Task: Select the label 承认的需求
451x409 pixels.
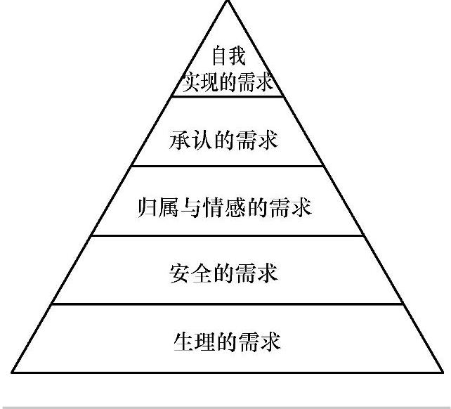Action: coord(224,139)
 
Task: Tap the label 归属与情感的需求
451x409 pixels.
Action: coord(224,208)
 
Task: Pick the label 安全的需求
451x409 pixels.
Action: coord(224,273)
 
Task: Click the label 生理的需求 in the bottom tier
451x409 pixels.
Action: coord(226,342)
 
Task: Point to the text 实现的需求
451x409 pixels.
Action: coord(226,84)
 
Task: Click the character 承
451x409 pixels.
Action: coord(180,139)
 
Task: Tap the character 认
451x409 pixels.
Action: coord(202,139)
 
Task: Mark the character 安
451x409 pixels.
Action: coord(180,273)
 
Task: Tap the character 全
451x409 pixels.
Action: coord(202,273)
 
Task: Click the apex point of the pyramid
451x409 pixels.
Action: coord(227,1)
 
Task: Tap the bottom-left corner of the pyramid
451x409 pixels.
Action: coord(11,372)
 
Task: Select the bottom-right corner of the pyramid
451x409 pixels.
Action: coord(443,372)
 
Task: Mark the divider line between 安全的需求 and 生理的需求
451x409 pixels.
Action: coord(226,304)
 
